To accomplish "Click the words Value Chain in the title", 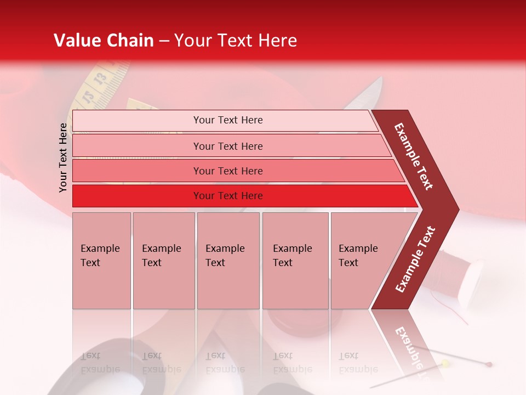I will [x=104, y=41].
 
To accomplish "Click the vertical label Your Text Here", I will [x=63, y=157].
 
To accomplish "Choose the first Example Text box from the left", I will [x=101, y=261].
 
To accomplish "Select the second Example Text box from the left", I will [x=163, y=261].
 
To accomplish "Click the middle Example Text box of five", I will [x=228, y=261].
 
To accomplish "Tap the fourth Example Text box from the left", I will [x=295, y=261].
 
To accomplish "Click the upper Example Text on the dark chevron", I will [x=414, y=156].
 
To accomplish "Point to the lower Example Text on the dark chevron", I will [x=415, y=259].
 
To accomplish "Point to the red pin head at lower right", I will [x=489, y=364].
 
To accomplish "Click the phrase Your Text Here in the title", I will [x=236, y=41].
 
